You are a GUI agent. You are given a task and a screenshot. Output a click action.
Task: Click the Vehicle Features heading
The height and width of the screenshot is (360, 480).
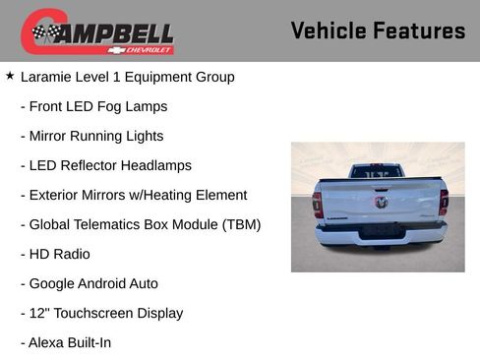tap(378, 30)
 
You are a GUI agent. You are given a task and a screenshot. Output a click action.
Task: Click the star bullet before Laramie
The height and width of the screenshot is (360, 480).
tap(10, 75)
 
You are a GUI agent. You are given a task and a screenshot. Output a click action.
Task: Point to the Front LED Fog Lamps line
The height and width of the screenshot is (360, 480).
tap(93, 106)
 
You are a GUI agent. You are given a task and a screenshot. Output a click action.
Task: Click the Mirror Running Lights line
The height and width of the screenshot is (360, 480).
tap(91, 136)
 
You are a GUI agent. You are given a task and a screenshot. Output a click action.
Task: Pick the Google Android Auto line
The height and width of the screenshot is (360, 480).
tap(89, 283)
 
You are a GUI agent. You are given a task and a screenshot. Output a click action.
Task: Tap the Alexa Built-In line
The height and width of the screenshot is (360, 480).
tap(65, 342)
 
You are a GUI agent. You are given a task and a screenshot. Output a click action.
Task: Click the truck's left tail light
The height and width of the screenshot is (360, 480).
tap(318, 203)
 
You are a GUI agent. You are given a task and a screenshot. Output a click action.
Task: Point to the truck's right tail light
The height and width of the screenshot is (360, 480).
tap(444, 202)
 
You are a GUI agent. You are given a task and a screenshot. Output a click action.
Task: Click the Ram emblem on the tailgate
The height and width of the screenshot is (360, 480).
tap(381, 202)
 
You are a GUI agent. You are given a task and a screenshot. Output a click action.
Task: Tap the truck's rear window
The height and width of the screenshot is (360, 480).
tap(377, 172)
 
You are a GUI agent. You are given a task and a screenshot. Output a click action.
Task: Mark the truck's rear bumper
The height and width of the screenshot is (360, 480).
tap(380, 234)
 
